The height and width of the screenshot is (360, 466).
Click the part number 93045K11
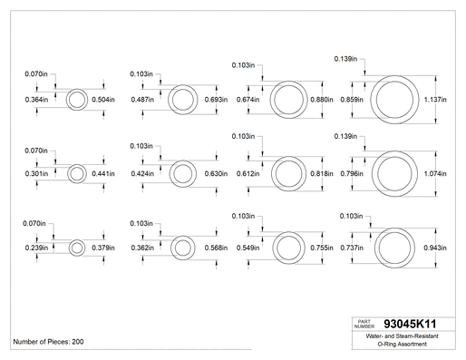click(410, 324)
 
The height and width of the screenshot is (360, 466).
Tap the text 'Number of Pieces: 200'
click(48, 342)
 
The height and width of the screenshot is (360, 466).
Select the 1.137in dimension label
click(435, 100)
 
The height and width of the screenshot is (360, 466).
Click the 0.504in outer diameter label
click(103, 100)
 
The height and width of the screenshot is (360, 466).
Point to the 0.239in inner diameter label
click(36, 248)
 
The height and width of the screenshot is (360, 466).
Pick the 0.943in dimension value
click(435, 248)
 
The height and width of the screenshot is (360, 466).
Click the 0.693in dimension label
click(216, 100)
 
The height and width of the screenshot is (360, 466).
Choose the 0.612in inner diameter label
click(248, 173)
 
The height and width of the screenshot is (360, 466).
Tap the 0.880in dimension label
click(322, 100)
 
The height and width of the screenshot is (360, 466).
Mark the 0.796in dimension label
click(352, 173)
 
